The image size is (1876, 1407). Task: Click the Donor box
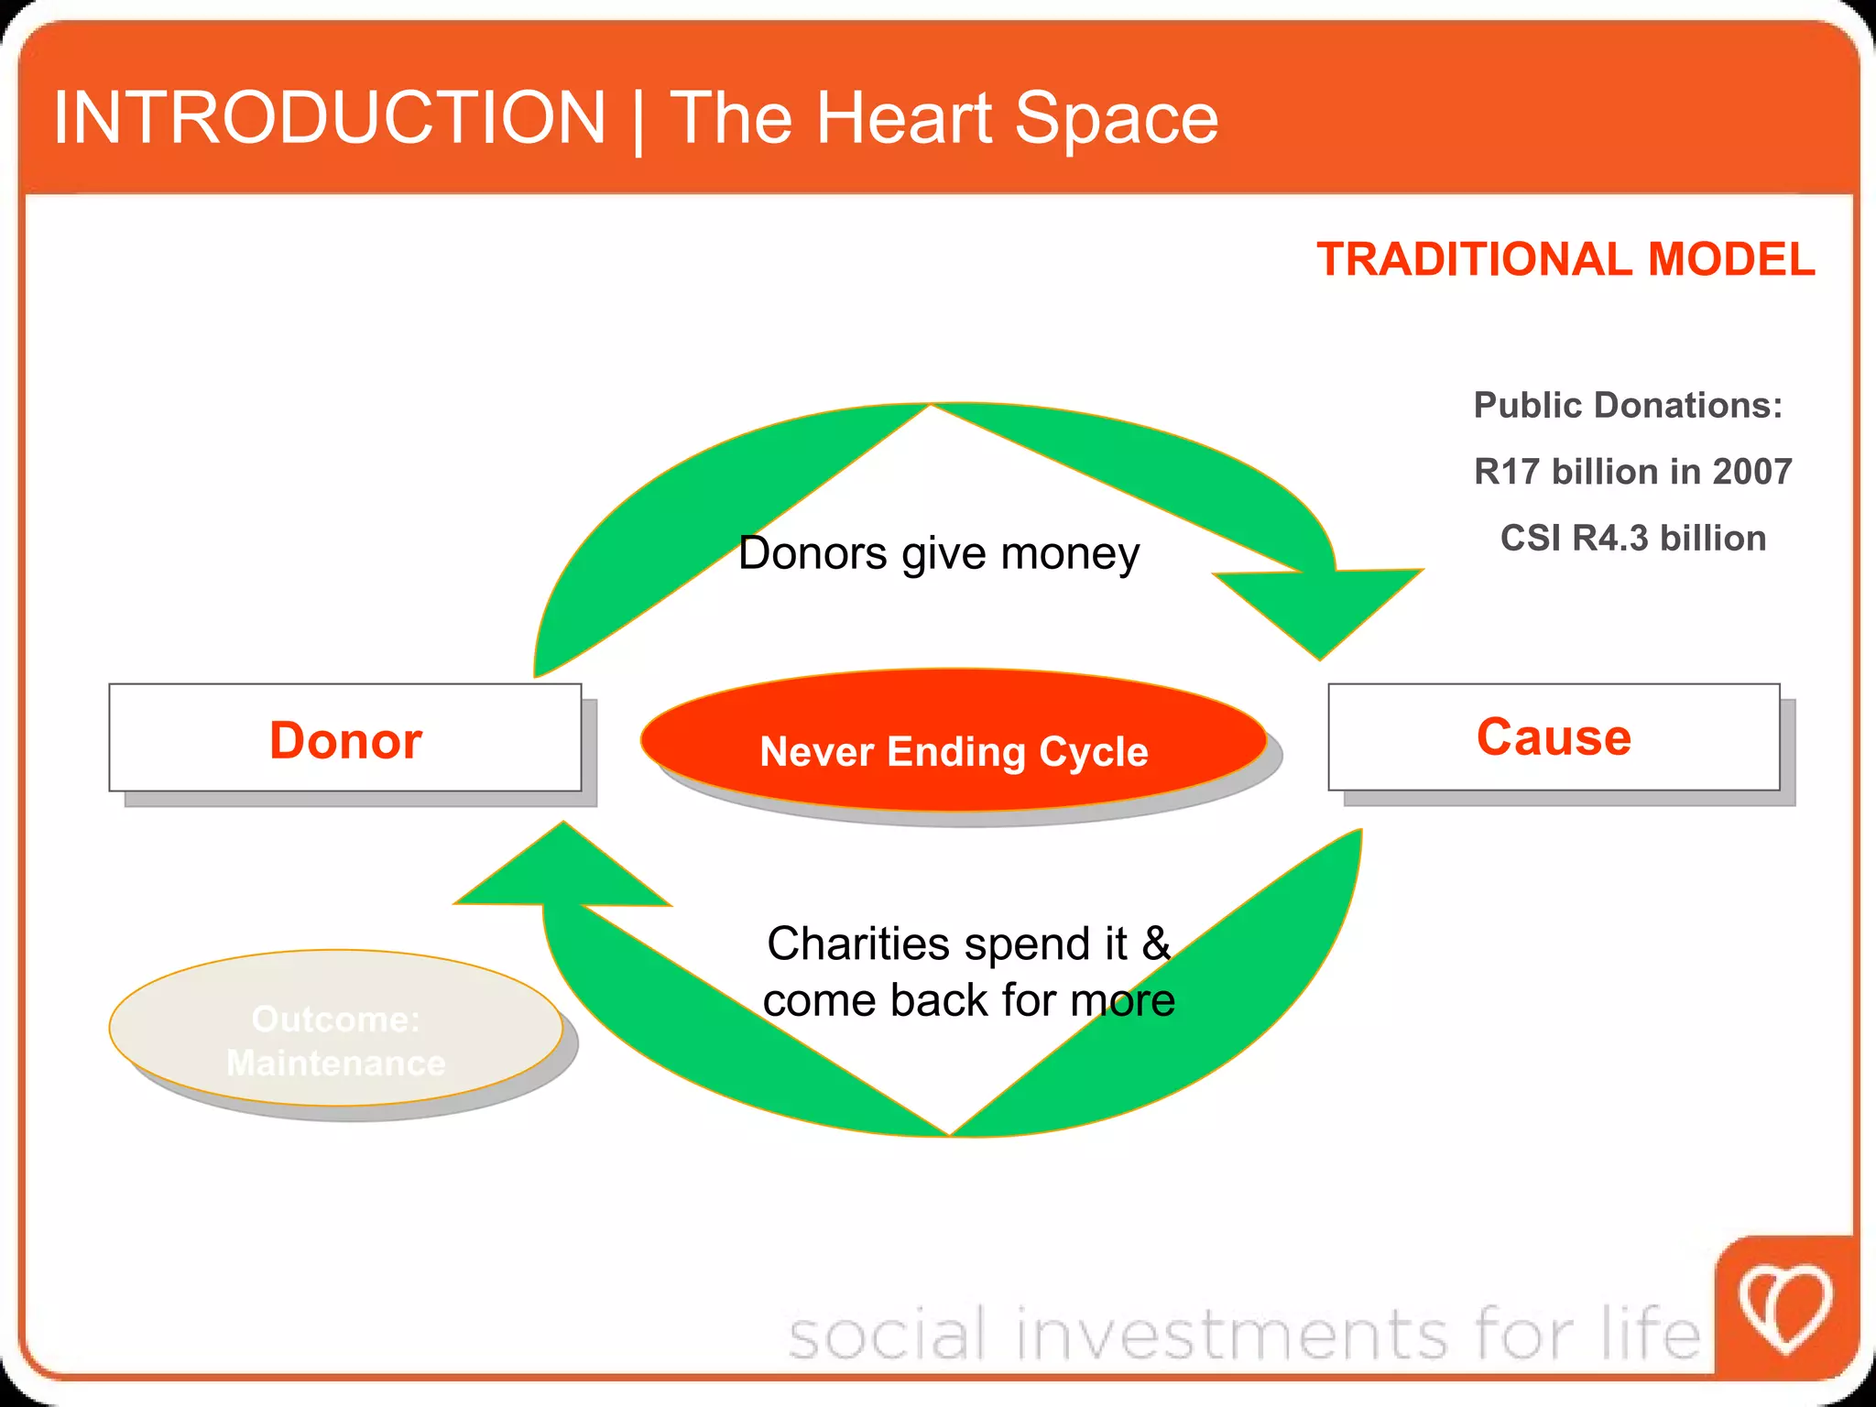(344, 738)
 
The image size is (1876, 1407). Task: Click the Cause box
(1554, 736)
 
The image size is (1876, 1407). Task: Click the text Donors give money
(938, 553)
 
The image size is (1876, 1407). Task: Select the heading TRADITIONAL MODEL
(1565, 259)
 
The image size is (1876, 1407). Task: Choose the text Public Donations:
(1628, 405)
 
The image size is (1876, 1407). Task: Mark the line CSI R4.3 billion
(1632, 539)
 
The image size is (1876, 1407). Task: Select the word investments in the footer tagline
(1232, 1334)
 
